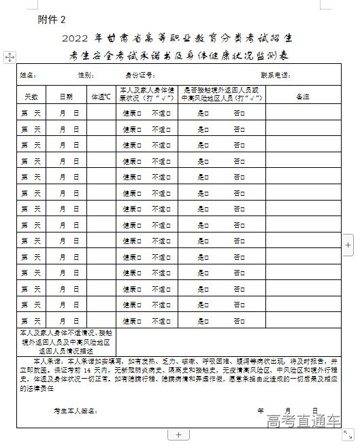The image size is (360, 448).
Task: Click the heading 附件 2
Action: point(52,19)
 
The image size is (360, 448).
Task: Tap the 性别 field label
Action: point(86,74)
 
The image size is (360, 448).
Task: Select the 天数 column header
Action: point(31,97)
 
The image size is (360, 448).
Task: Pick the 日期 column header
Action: point(66,97)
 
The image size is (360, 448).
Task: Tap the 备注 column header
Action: point(303,97)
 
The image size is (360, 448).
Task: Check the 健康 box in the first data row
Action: point(139,113)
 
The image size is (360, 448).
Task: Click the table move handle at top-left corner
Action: point(10,58)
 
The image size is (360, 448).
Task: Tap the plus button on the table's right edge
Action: point(348,243)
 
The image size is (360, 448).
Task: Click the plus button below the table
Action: point(178,434)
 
